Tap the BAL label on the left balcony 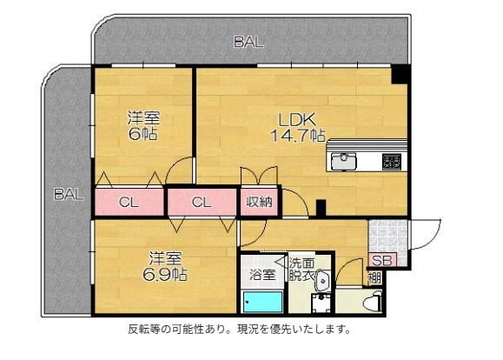[68, 195]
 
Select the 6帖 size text [142, 136]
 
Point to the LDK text [296, 119]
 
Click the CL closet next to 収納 [201, 203]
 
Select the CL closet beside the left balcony [129, 203]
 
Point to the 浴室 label [262, 274]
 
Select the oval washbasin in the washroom [322, 280]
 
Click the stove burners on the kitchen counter [391, 162]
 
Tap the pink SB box [380, 260]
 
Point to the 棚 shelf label [374, 279]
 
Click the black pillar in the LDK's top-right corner [400, 76]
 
